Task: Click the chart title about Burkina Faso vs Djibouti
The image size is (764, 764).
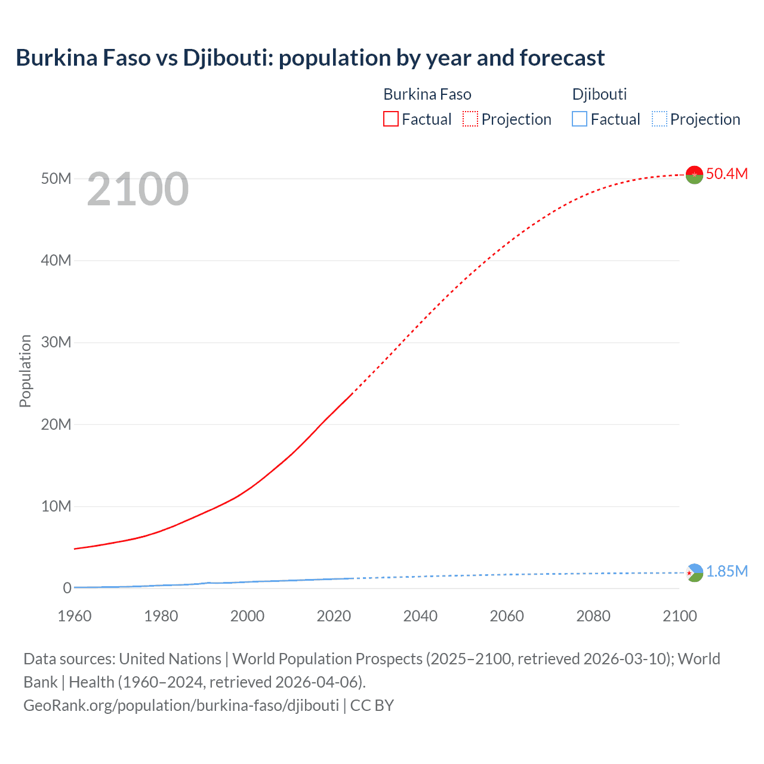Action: pos(310,58)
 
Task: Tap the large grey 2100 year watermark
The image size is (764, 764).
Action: pos(138,189)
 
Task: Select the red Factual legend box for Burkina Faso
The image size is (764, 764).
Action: pos(390,119)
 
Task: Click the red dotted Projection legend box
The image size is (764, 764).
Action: pos(470,119)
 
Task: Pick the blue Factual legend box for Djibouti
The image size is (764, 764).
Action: pos(580,119)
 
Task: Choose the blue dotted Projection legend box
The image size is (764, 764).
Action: pos(659,119)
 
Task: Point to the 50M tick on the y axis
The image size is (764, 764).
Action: pos(56,178)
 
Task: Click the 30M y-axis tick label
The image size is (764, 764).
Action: pos(56,342)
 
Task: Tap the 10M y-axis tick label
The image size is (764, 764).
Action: pos(56,506)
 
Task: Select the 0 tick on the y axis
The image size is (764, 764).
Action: pos(67,588)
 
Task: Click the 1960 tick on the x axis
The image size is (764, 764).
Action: pos(75,616)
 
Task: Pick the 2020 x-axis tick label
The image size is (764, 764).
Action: pos(334,616)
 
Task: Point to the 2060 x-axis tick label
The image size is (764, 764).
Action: pos(507,616)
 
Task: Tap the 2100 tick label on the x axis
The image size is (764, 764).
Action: pos(679,616)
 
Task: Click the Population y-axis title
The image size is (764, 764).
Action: pos(25,371)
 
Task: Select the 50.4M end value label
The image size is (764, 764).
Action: pos(726,174)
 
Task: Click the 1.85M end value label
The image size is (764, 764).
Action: pos(727,571)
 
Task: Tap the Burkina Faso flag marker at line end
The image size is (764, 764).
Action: pos(694,175)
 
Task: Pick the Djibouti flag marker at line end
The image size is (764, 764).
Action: pos(694,573)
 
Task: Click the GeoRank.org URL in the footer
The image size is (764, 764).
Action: pos(181,705)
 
